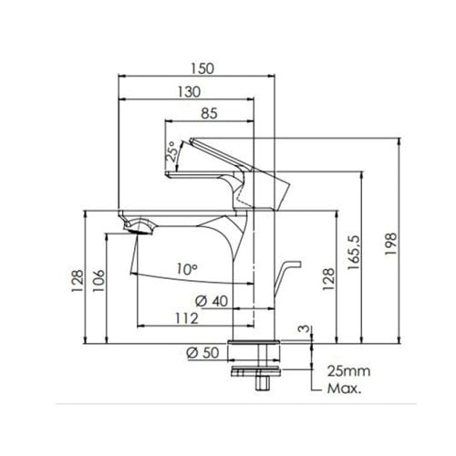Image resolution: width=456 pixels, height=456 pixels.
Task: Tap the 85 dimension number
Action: (209, 114)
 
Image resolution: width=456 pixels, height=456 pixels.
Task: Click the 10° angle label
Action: (187, 269)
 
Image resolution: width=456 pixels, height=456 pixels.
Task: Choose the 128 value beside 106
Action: (78, 279)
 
